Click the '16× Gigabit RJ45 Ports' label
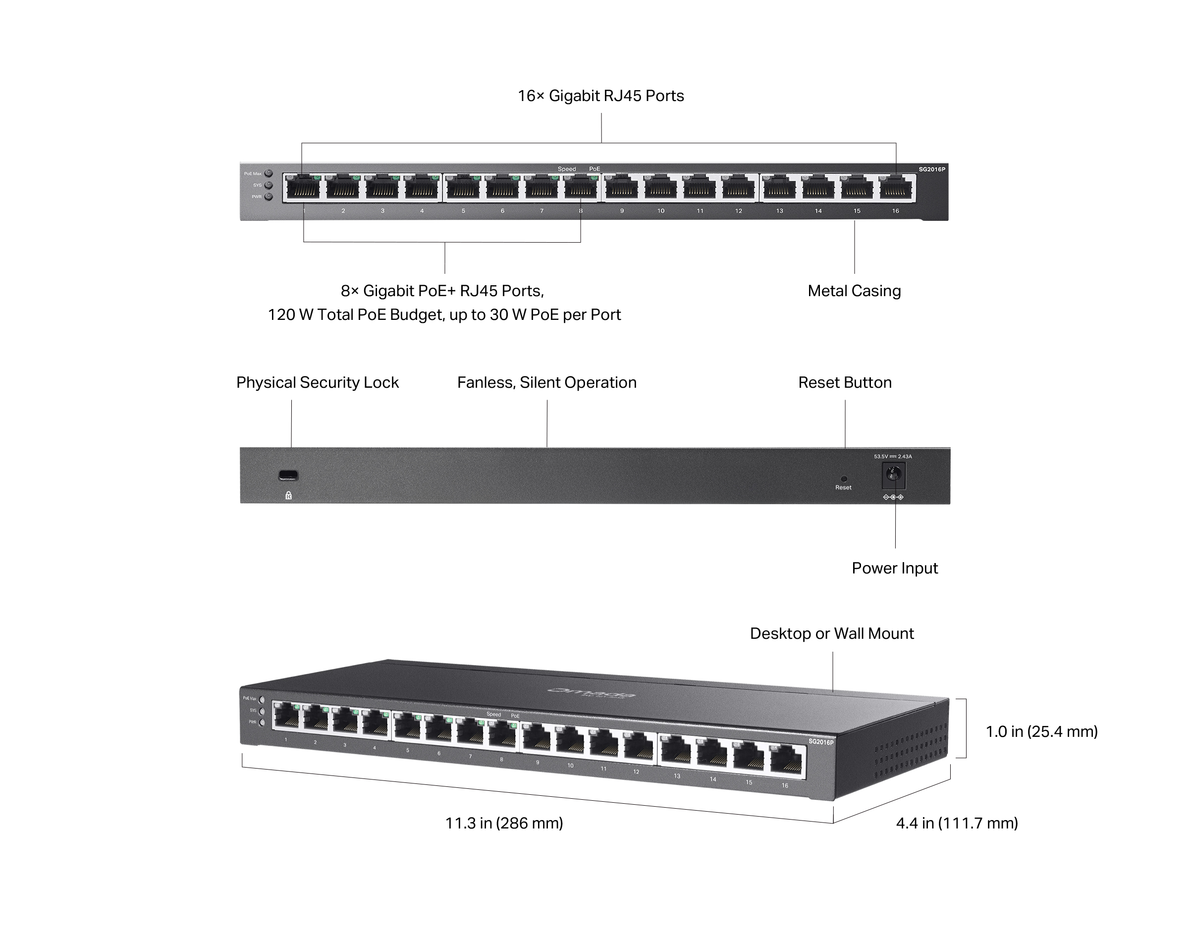600,96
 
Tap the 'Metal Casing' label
854,291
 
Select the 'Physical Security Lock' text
318,382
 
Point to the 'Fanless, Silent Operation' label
546,382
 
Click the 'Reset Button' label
844,382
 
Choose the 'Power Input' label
894,568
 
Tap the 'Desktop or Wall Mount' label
831,633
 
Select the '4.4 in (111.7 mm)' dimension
957,823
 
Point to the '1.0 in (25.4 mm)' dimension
1041,731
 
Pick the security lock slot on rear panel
288,475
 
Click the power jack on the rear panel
893,475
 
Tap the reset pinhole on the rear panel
844,478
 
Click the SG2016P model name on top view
931,169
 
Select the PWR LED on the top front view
269,197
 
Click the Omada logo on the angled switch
591,693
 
